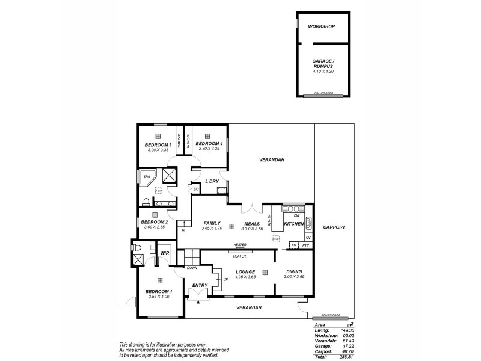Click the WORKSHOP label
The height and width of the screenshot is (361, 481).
(321, 27)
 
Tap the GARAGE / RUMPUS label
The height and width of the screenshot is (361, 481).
(323, 64)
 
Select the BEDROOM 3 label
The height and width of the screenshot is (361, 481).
(158, 145)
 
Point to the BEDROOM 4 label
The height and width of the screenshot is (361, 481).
(209, 144)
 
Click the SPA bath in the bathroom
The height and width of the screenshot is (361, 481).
(148, 177)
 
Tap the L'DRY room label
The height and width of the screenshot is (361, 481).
(211, 181)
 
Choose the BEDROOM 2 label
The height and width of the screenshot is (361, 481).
(154, 221)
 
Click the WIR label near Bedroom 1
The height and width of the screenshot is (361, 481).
(164, 253)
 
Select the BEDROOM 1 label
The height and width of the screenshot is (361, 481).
(158, 291)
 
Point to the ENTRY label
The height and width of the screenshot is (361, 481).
(200, 285)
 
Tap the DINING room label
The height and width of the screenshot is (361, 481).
(294, 272)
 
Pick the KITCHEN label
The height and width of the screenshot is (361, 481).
(294, 223)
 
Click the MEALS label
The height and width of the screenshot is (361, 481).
(251, 223)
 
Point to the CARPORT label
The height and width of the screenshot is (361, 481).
(334, 228)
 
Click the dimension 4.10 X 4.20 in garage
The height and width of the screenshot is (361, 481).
(323, 72)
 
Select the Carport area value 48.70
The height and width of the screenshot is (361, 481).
(345, 351)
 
